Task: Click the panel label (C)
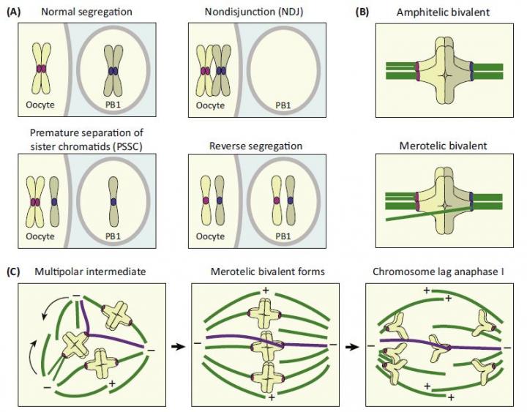click(15, 273)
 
